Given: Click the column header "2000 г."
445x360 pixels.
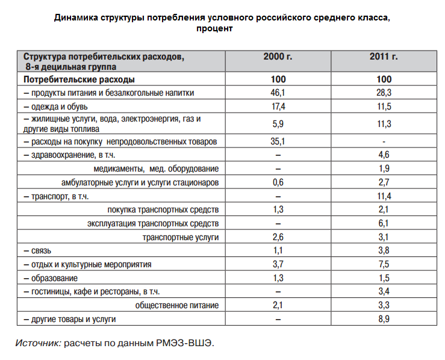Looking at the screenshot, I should tap(278, 57).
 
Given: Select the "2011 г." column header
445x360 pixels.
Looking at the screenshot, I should tap(384, 57).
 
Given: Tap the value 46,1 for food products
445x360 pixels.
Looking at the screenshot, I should tap(278, 93).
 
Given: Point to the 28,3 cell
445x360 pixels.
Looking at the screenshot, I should tap(384, 93).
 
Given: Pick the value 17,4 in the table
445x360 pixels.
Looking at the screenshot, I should tap(278, 106).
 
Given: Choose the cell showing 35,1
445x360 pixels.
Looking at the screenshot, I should tap(278, 141).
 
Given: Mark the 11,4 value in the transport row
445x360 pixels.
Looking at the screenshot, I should tap(384, 196).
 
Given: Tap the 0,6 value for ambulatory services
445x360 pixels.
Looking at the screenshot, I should tap(278, 182).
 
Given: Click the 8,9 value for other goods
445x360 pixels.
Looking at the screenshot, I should tap(384, 319).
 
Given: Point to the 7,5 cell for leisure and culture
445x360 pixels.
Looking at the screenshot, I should tap(384, 264).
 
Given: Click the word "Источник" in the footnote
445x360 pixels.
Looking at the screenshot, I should tap(37, 343).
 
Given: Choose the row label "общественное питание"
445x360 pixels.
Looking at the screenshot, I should tap(176, 305).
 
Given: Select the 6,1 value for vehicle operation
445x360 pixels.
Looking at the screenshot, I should tap(384, 223).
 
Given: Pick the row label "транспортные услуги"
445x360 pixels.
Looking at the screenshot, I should tap(180, 237).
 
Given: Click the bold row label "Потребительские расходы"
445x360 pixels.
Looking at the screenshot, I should tap(79, 79).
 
